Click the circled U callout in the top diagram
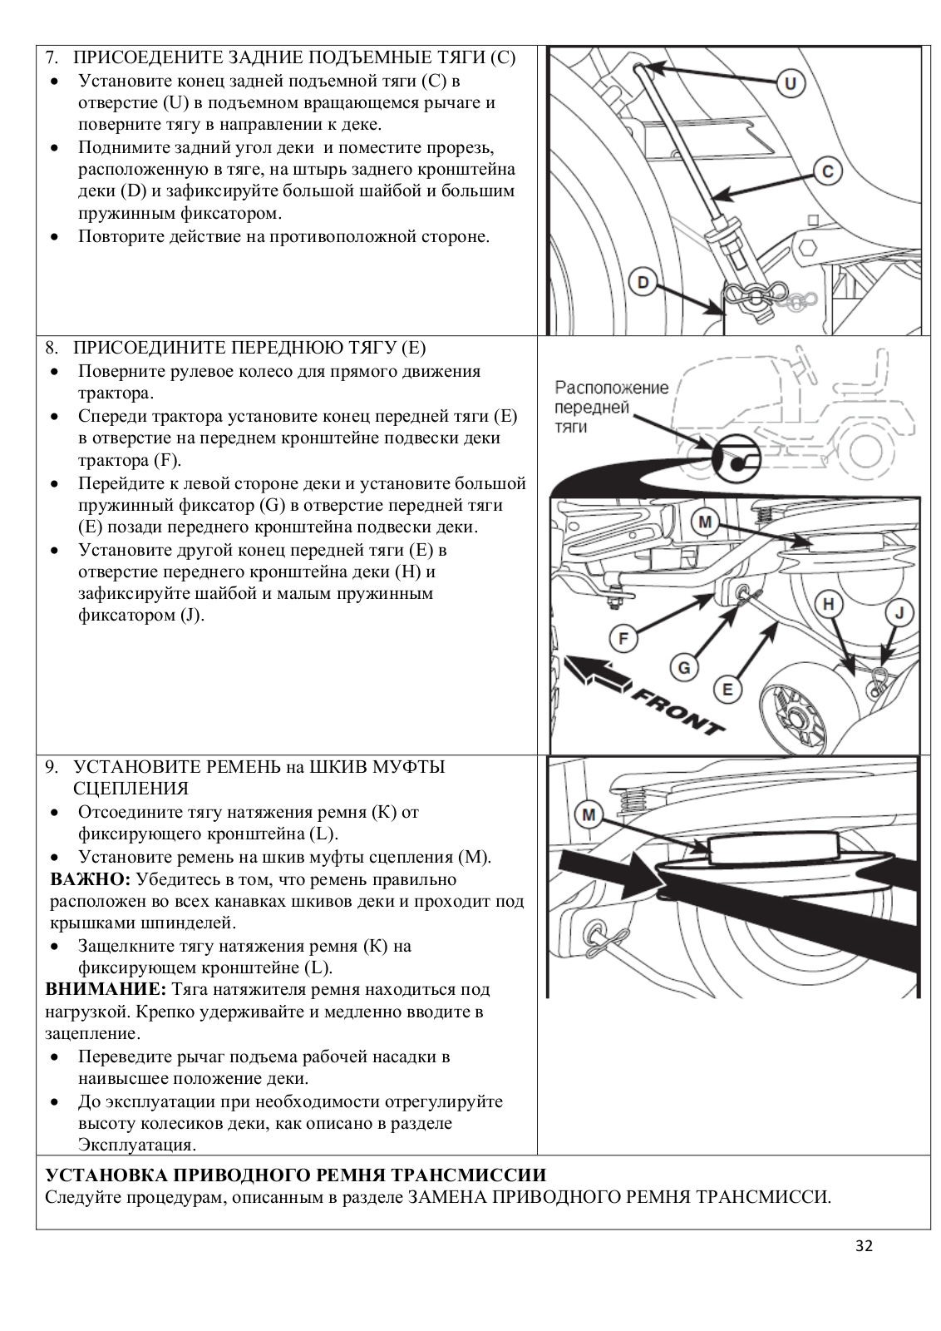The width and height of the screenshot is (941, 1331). pos(790,83)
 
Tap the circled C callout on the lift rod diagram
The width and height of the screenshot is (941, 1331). pos(827,172)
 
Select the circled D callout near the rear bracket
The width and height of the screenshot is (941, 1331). pos(643,282)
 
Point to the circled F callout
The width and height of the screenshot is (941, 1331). pos(623,639)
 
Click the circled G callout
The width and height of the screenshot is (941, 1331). pos(683,666)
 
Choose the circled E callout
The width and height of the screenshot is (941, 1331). pos(727,689)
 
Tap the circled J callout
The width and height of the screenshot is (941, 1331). pos(899,614)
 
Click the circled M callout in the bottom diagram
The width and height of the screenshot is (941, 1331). pos(589,814)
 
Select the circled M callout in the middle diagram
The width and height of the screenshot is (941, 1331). pos(705,522)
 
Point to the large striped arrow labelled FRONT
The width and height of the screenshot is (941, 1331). pos(597,670)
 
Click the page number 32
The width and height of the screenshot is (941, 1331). pos(864,1245)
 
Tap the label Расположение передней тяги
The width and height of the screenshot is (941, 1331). pos(611,408)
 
